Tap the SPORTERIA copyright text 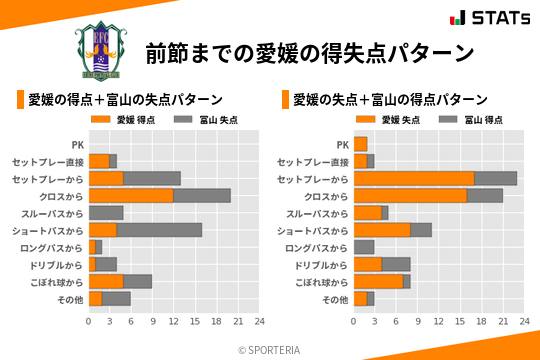click(270, 349)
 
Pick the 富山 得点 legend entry click(470, 120)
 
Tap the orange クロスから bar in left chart click(131, 195)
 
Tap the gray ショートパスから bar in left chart click(159, 230)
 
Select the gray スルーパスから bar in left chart click(106, 212)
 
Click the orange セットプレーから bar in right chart click(414, 178)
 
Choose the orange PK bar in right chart click(361, 144)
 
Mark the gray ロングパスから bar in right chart click(364, 247)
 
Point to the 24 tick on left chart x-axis click(259, 321)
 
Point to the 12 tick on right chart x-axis click(439, 321)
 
